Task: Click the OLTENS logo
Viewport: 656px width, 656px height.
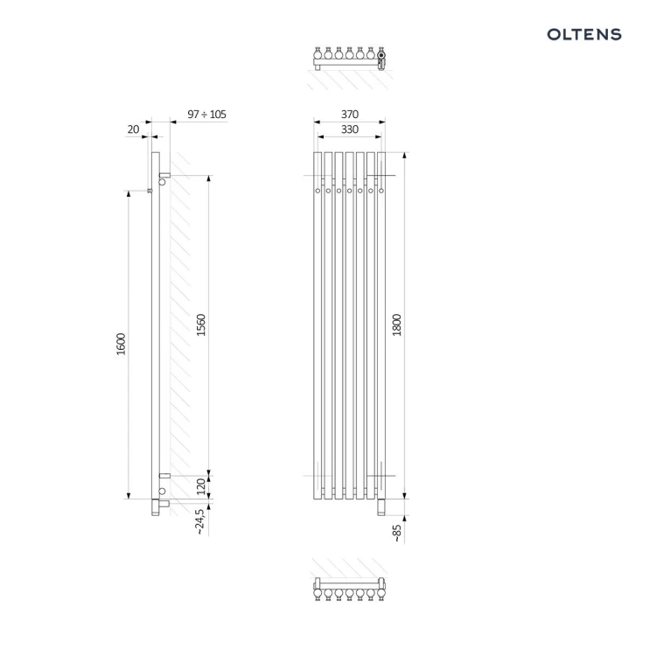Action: tap(584, 34)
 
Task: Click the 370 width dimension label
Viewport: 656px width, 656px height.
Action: tap(350, 115)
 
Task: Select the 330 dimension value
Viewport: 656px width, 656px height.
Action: tap(350, 129)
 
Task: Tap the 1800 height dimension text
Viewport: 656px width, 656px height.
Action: tap(396, 325)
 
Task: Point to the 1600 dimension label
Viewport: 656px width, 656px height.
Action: tap(121, 345)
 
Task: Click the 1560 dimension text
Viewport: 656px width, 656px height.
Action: tap(201, 325)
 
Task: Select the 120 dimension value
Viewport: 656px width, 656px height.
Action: tap(201, 487)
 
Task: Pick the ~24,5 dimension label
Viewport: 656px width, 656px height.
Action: tap(199, 521)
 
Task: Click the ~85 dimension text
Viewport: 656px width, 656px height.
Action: tap(397, 534)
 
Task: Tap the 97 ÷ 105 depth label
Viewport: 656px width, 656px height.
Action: tap(206, 115)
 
